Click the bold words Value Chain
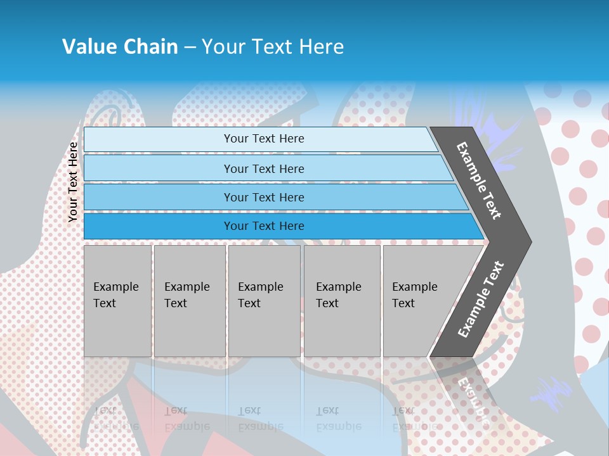pyautogui.click(x=120, y=47)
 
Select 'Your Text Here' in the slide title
pyautogui.click(x=273, y=47)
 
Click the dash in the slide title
pyautogui.click(x=190, y=47)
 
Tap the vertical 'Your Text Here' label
pyautogui.click(x=73, y=182)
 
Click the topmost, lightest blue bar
pyautogui.click(x=263, y=139)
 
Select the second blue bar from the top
pyautogui.click(x=263, y=168)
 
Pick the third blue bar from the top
pyautogui.click(x=263, y=197)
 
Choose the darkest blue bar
pyautogui.click(x=263, y=226)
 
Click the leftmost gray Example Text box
pyautogui.click(x=117, y=300)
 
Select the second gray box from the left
pyautogui.click(x=190, y=300)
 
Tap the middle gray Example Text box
pyautogui.click(x=264, y=300)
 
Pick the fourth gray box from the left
pyautogui.click(x=342, y=300)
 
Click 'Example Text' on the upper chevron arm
pyautogui.click(x=479, y=180)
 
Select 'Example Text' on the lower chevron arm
pyautogui.click(x=481, y=300)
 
